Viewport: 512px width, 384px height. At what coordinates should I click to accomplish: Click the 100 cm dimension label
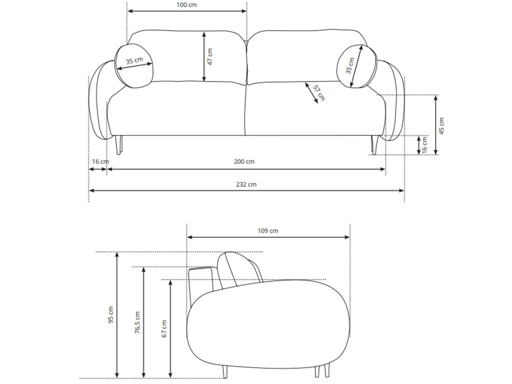click(186, 5)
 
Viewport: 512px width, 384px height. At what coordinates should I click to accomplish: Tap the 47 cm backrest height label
click(210, 56)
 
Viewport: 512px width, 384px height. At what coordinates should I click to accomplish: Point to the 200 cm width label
click(244, 161)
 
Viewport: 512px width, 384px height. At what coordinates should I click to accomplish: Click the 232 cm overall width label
click(246, 184)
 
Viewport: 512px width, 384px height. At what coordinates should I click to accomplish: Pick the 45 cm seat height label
click(441, 126)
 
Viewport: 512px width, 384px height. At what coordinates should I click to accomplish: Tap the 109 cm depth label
click(268, 230)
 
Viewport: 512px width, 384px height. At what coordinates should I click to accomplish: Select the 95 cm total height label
click(111, 315)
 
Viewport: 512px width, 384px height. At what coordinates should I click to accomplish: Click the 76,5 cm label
click(137, 322)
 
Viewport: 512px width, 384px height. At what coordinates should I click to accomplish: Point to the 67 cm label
click(164, 329)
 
